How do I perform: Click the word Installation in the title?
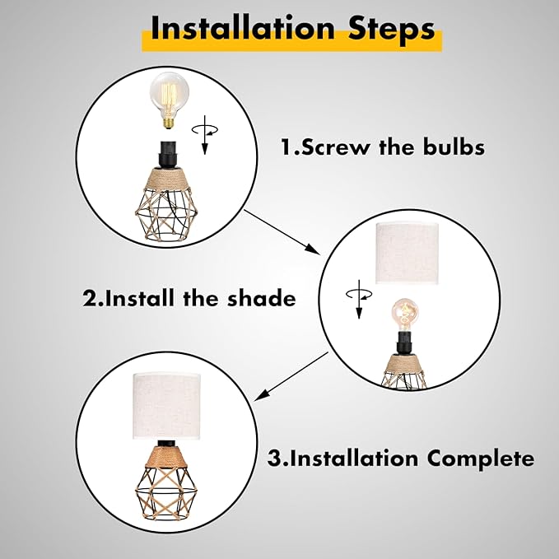tap(243, 29)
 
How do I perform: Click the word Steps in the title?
tap(392, 30)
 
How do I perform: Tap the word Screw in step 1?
tap(335, 147)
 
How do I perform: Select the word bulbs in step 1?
tap(454, 147)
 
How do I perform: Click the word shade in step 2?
tap(262, 298)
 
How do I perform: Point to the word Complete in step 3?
tap(481, 459)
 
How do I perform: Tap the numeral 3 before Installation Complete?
tap(274, 458)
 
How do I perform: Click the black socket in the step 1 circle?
tap(168, 155)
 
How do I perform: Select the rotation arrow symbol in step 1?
tap(205, 134)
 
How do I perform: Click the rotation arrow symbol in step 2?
tap(359, 299)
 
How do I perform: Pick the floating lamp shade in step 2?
tap(408, 253)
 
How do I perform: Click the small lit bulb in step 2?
tap(405, 314)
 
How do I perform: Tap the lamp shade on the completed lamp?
tap(167, 406)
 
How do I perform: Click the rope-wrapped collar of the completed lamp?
tap(166, 456)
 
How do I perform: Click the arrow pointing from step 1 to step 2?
tap(282, 232)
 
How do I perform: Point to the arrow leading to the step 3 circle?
tap(291, 376)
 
